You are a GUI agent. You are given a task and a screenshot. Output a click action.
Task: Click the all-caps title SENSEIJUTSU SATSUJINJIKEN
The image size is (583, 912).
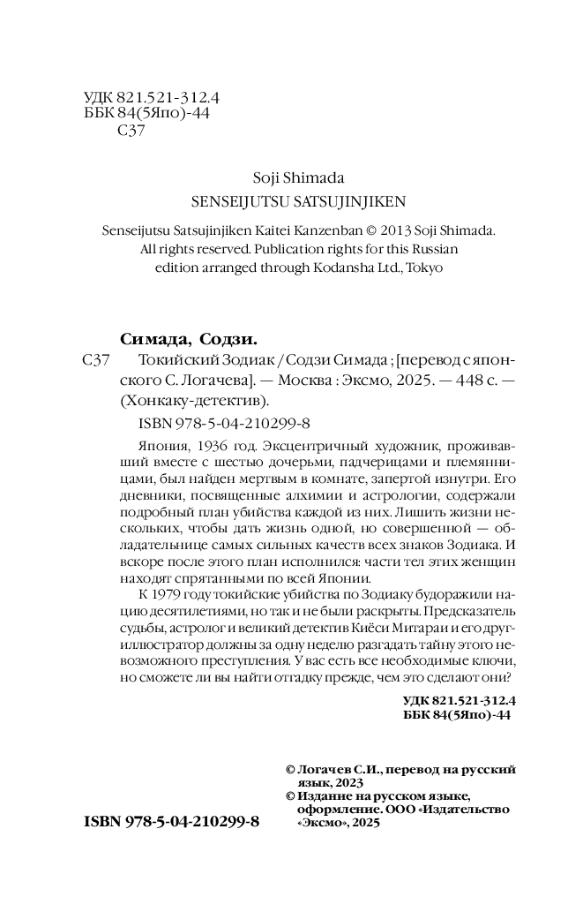(x=298, y=201)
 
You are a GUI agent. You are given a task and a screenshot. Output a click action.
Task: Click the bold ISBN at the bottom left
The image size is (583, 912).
(x=170, y=821)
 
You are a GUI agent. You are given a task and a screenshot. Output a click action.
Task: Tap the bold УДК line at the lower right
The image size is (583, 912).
(x=457, y=700)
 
